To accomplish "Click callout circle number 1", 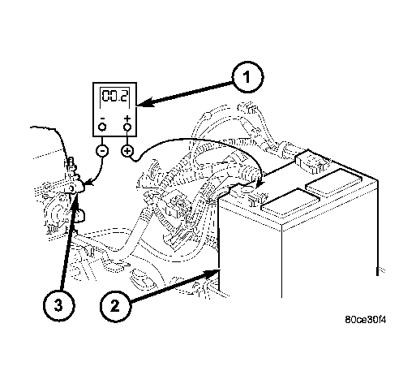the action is pos(247,77).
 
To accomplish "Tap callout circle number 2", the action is pos(115,306).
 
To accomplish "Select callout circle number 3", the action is pos(58,306).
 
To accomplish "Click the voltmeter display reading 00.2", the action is pos(115,96).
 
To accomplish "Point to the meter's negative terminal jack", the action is pos(102,127).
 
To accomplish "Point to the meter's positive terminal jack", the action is pos(127,127).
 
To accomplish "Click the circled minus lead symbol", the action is pos(102,151).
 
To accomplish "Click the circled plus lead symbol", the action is pos(127,150).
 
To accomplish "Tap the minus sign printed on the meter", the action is pos(102,119).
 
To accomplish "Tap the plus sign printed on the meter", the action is pos(127,119).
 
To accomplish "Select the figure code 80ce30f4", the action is pos(366,320).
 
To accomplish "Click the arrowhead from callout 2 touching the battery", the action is pos(213,273).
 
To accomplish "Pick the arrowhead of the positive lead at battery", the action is pos(259,183).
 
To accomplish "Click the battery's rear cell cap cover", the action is pos(334,182).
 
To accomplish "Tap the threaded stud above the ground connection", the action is pos(71,163).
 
